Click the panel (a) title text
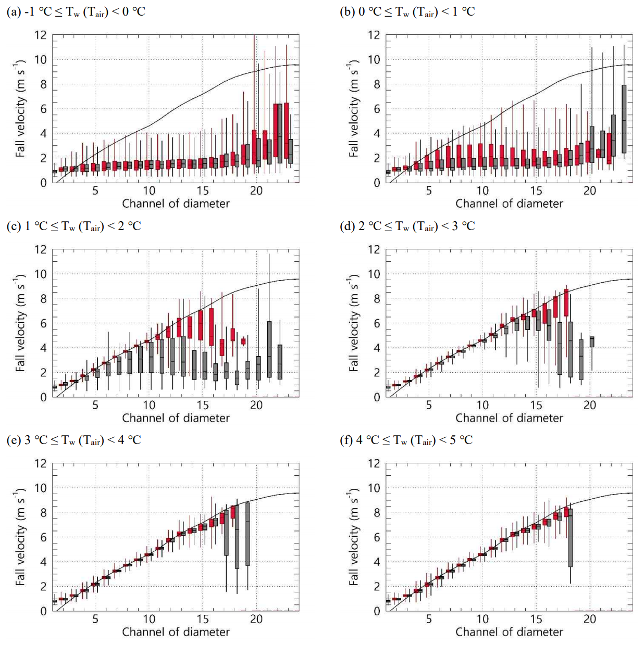coord(76,11)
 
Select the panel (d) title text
coord(407,226)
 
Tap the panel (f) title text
coord(406,440)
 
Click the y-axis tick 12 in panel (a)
coord(41,35)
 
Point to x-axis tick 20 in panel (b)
coord(589,191)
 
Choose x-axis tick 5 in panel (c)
coord(95,405)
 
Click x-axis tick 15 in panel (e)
coord(203,619)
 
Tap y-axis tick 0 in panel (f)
coord(377,611)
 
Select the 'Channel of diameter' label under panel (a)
coord(176,204)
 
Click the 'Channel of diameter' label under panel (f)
coord(509,632)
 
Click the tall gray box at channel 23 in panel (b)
coord(624,119)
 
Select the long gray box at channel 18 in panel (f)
coord(571,538)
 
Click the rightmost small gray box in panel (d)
coord(592,342)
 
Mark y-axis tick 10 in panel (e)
coord(41,488)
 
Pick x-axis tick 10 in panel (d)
coord(482,405)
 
